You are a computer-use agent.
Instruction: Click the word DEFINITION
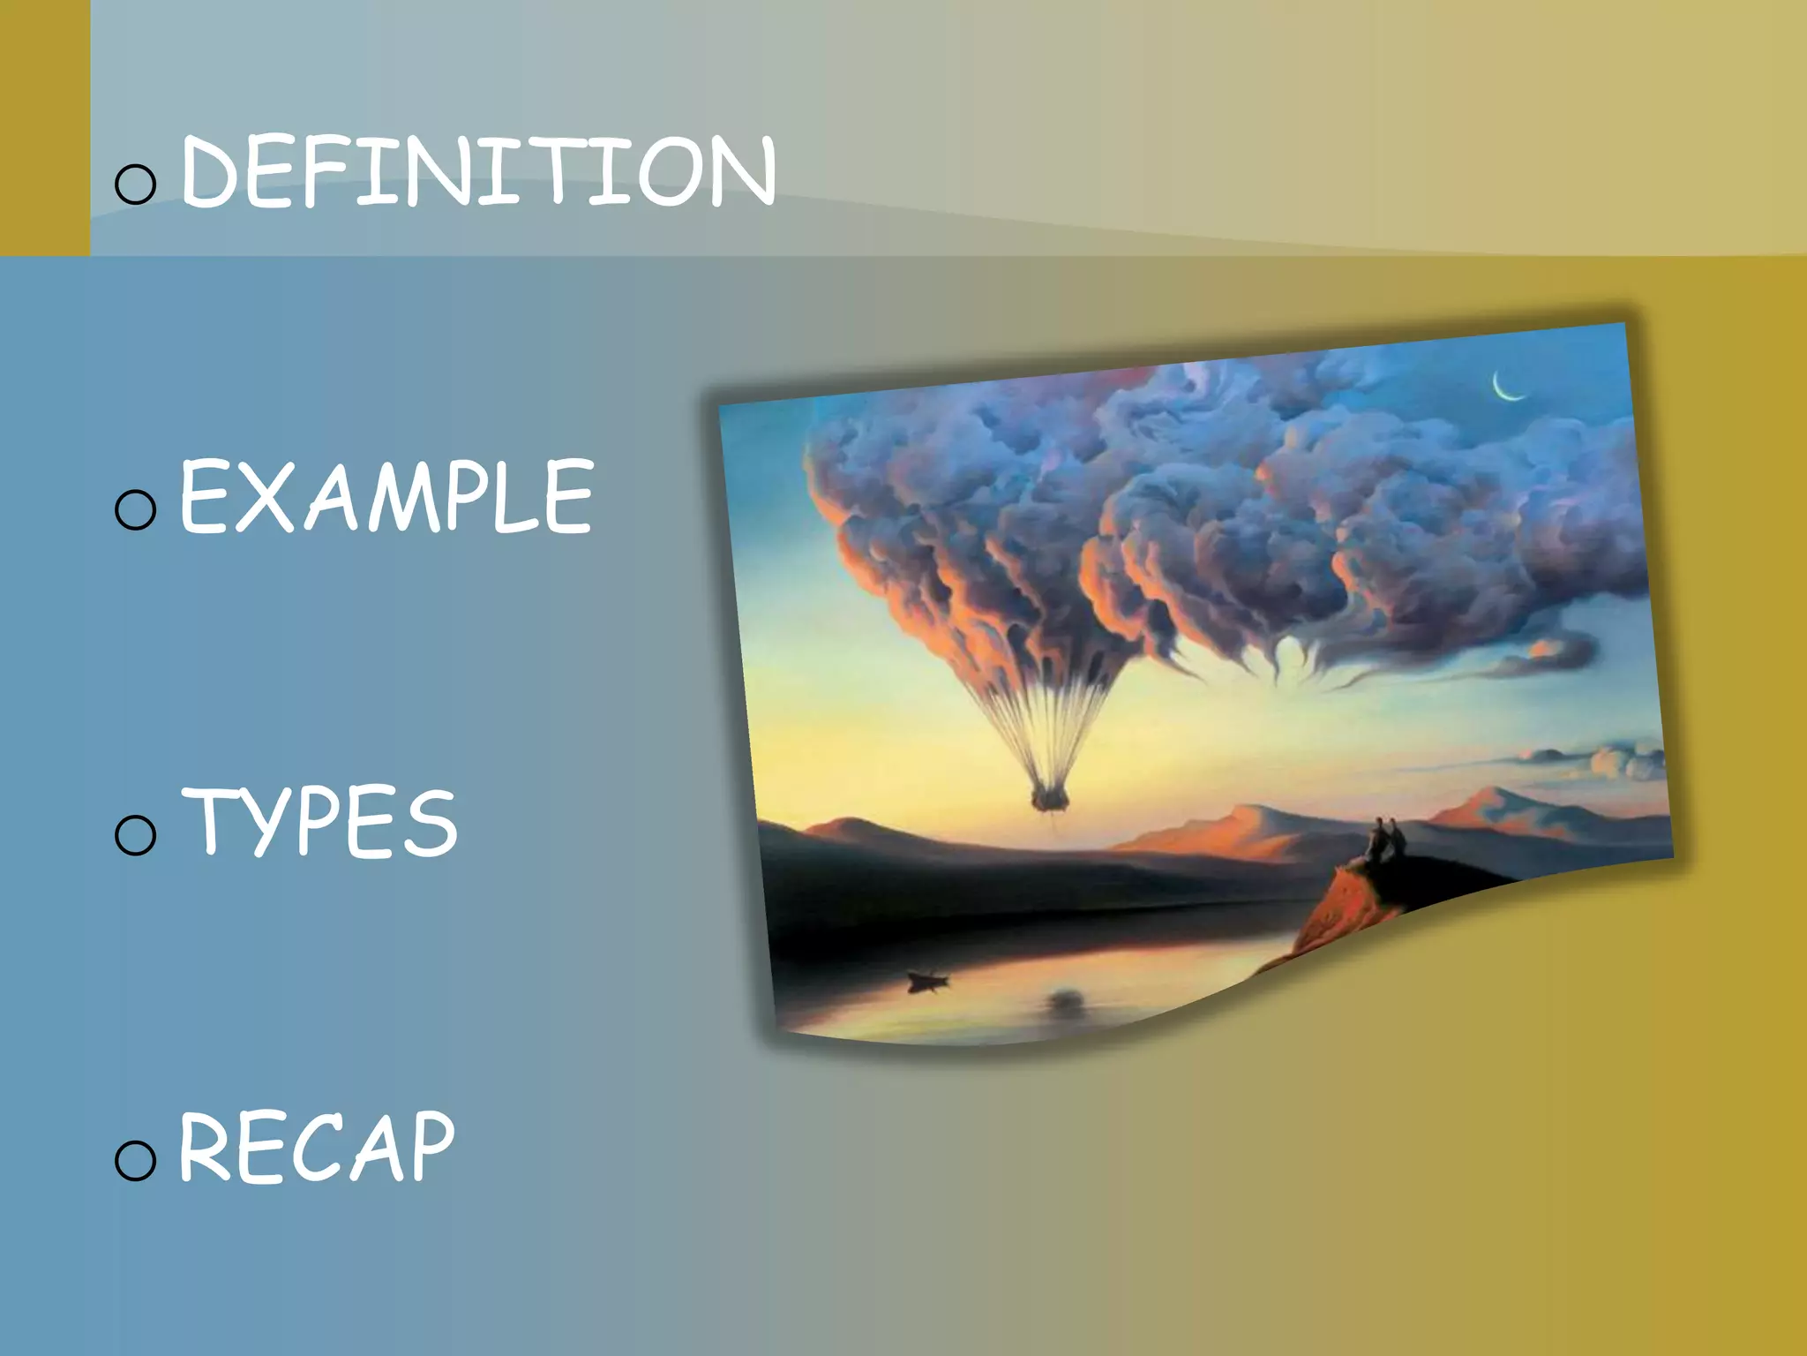tap(477, 172)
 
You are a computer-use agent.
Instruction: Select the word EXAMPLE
tap(386, 497)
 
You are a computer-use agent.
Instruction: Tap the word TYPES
tap(319, 823)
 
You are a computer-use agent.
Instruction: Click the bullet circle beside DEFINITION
tap(136, 184)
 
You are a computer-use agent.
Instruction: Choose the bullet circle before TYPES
tap(136, 834)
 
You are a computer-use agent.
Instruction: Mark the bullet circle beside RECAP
tap(136, 1159)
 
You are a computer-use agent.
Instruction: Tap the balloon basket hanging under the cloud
tap(1050, 800)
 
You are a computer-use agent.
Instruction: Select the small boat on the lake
tap(926, 980)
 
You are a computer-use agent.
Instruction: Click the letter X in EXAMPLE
tap(261, 497)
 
